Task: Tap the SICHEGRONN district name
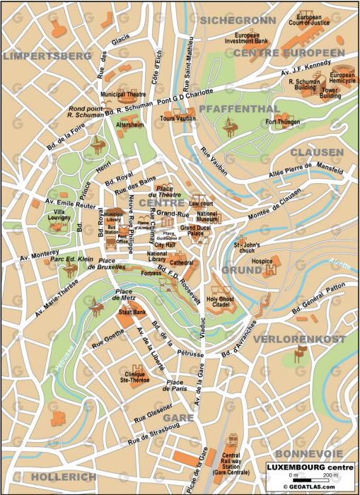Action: (237, 21)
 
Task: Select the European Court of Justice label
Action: (313, 20)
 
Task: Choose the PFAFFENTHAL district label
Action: (235, 108)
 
